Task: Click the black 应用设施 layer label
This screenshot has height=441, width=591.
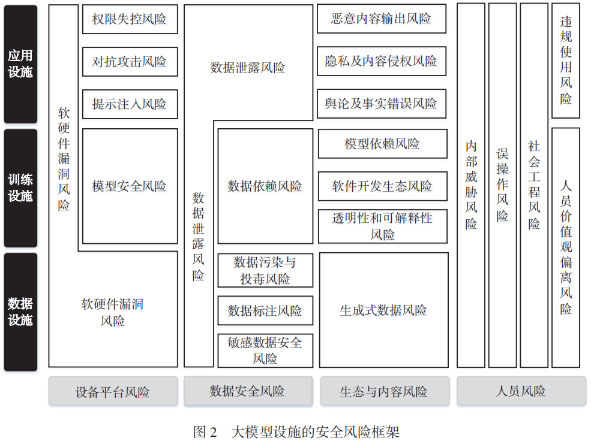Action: coord(21,64)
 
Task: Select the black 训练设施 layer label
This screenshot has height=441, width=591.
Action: coord(21,188)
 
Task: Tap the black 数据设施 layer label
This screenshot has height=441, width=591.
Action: coord(21,312)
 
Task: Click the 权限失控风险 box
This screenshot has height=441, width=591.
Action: coord(130,19)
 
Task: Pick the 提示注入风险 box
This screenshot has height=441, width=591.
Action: coord(130,104)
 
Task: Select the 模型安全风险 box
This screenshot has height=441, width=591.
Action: coord(130,186)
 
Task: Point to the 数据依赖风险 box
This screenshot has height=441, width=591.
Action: coord(265,186)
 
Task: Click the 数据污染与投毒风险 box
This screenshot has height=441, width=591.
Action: coord(265,271)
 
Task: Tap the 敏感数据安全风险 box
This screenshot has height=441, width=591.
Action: coord(265,351)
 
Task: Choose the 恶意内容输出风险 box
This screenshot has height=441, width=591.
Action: coord(382,19)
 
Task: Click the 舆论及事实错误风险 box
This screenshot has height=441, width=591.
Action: coord(382,104)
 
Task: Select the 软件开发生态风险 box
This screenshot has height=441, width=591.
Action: coord(383,186)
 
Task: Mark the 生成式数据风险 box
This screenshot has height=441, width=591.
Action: coord(383,310)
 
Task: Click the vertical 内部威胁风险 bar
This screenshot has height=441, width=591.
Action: coord(471,186)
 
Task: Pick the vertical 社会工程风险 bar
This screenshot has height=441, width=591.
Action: coord(534,186)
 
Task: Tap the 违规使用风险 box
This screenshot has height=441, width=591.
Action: coord(565,61)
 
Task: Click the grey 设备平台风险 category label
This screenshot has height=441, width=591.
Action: coord(113,391)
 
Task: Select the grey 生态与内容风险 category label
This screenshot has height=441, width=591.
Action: coord(385,391)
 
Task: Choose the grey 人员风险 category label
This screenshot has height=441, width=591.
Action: coord(521,391)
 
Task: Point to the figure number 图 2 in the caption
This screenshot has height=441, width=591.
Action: coord(205,432)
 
